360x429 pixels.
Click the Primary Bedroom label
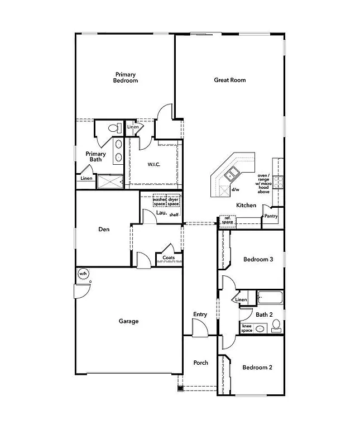pos(126,78)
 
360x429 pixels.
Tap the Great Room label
pos(230,80)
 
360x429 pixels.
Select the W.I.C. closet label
pos(155,164)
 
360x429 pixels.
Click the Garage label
pos(128,321)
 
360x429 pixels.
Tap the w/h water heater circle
pos(83,273)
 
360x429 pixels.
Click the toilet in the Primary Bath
pos(114,128)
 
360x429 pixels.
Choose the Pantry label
pos(271,216)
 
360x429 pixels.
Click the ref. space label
pos(228,221)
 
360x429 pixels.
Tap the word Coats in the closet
pos(169,258)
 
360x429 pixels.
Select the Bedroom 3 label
pos(258,260)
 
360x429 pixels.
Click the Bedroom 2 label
pos(257,368)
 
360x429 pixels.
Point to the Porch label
pos(200,363)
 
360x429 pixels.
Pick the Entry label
pos(200,314)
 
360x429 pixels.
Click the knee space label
pos(247,328)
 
